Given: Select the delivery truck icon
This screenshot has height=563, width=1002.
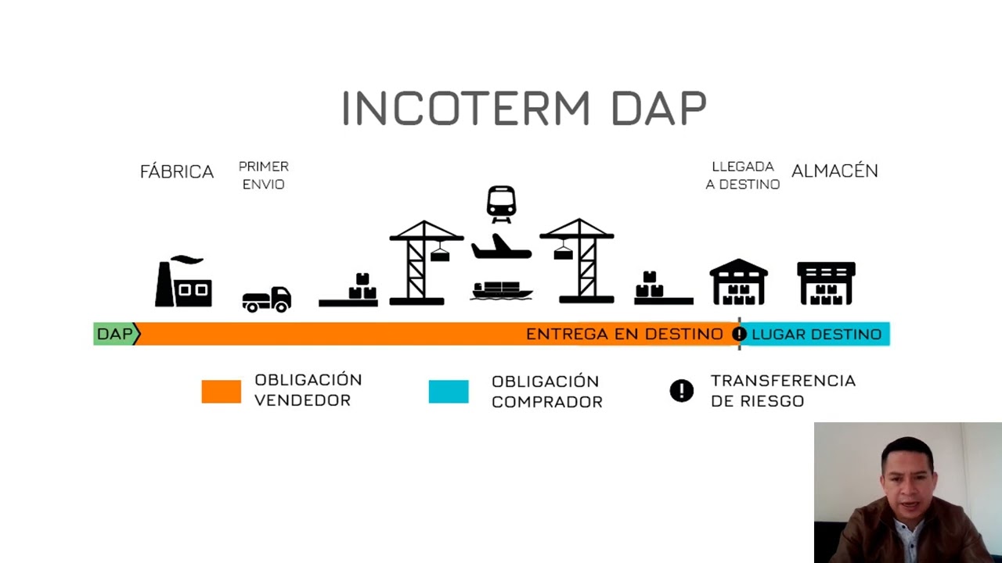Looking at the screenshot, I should pos(266,299).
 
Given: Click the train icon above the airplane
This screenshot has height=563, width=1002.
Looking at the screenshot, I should pos(501,203).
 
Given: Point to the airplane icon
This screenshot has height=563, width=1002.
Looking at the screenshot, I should pos(501,247).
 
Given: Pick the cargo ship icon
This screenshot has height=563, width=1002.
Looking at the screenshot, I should pos(502,290).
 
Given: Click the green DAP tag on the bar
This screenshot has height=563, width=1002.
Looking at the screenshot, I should pos(115,334).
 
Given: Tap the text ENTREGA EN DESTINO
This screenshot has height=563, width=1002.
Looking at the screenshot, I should pos(624,335).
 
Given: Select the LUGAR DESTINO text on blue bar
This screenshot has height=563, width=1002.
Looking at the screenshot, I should pos(816,335).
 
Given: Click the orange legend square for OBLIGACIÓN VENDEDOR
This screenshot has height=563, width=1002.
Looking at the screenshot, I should pos(221,391).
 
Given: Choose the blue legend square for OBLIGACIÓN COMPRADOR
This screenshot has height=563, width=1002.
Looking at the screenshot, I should pos(449,391).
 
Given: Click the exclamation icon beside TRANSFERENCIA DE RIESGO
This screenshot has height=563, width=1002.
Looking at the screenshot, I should pos(682,391).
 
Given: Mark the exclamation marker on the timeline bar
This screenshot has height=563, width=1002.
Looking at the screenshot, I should pos(739,335).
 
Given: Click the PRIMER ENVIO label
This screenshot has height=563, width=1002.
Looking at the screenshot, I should pos(264,175).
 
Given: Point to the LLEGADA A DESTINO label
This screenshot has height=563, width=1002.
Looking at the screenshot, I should pos(743,175).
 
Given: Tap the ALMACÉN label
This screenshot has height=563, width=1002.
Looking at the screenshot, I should pos(834,171).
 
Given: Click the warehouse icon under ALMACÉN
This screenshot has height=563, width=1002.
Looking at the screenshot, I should pos(826,283).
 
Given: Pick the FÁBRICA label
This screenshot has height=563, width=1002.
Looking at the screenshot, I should pos(176,172).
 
